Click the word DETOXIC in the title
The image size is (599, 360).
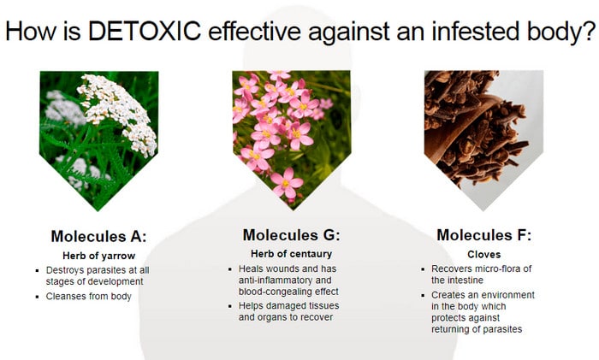click(x=145, y=31)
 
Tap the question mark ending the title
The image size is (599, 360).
click(x=590, y=31)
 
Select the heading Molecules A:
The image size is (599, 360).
click(x=98, y=236)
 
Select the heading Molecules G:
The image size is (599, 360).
click(x=291, y=235)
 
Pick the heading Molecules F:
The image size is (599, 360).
click(x=483, y=235)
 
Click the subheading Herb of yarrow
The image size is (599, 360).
click(x=99, y=256)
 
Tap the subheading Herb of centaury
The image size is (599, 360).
click(x=292, y=253)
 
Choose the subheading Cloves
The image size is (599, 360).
click(x=484, y=254)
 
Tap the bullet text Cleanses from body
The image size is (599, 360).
click(x=89, y=296)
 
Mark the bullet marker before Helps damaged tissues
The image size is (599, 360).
click(x=230, y=306)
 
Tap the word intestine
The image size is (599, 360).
click(x=465, y=280)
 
